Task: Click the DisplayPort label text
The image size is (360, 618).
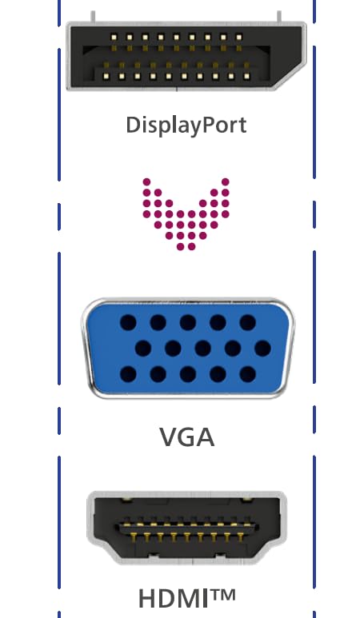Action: [186, 126]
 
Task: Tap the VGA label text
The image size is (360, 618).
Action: [187, 437]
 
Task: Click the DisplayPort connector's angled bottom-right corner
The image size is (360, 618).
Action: [292, 78]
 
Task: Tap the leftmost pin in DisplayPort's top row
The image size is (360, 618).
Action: [114, 38]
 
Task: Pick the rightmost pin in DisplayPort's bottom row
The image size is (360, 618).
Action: [247, 77]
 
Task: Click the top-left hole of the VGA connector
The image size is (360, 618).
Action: [128, 322]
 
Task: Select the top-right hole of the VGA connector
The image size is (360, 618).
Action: [248, 322]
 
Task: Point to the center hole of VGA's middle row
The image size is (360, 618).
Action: [202, 349]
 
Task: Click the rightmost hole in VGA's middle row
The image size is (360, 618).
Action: [262, 349]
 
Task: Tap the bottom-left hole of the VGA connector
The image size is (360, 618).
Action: [128, 374]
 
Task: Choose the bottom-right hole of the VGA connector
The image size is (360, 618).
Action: [248, 374]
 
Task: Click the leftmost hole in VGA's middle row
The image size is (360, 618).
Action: [143, 349]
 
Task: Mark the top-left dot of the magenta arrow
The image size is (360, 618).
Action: [146, 181]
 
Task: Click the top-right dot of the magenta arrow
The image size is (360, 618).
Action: [225, 181]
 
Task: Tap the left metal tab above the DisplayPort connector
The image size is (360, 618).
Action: [93, 17]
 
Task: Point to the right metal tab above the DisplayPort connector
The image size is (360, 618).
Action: [279, 17]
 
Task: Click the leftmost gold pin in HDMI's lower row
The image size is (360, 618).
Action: [134, 536]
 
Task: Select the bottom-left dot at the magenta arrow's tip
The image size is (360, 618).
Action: [180, 247]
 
